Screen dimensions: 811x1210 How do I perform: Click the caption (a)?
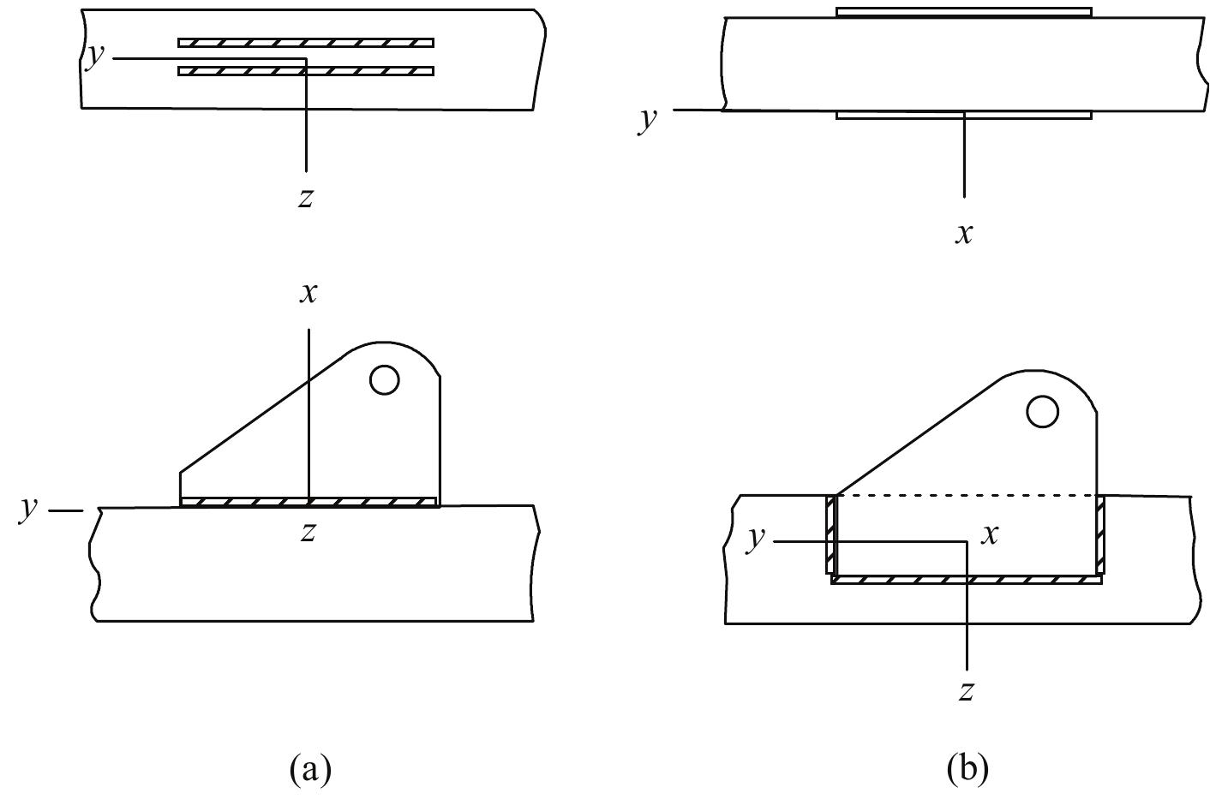(x=310, y=767)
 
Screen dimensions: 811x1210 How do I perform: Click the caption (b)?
(x=967, y=767)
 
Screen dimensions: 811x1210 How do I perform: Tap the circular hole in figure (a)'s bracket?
(x=384, y=379)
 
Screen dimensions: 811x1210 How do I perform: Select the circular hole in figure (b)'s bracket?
(x=1042, y=412)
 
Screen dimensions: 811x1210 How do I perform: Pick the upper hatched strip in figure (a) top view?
(x=306, y=43)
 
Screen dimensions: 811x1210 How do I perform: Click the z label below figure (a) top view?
(x=305, y=199)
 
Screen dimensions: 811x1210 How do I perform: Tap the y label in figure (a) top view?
(x=96, y=55)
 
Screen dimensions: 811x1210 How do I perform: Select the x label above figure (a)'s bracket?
(x=308, y=293)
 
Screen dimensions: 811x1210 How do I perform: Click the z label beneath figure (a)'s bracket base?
(x=308, y=533)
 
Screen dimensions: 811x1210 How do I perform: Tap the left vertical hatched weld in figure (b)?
(x=830, y=534)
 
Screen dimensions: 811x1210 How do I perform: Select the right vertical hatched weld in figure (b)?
(x=1100, y=534)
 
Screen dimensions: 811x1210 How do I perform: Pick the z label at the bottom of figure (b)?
(x=966, y=691)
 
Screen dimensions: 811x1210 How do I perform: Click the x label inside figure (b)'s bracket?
(x=991, y=535)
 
